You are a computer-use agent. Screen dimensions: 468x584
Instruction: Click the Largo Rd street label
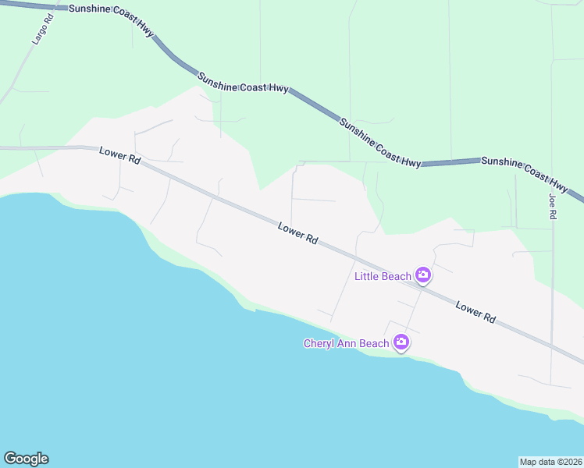coord(40,30)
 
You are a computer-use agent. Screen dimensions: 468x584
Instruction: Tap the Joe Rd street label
coord(552,207)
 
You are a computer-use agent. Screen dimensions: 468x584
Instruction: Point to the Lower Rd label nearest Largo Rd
coord(119,155)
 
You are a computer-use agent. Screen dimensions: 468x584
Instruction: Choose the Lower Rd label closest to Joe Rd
coord(475,313)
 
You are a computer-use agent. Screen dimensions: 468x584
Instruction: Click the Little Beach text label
coord(383,276)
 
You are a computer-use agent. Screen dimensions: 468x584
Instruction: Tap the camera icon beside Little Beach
coord(422,275)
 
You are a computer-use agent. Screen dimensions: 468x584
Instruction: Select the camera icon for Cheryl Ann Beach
coord(401,342)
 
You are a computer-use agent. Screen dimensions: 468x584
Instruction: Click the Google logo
coord(26,459)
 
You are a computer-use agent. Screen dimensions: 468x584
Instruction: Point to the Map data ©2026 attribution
coord(550,461)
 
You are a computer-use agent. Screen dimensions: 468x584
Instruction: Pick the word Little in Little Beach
coord(368,276)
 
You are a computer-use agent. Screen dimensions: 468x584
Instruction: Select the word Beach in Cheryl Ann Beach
coord(375,343)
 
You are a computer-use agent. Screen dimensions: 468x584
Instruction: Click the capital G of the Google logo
coord(9,459)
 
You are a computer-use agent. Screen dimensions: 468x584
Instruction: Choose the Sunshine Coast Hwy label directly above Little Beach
coord(380,141)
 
